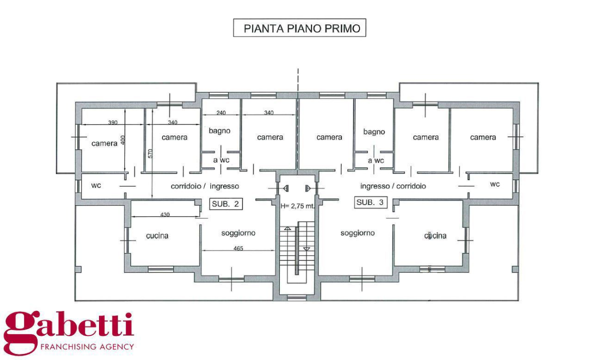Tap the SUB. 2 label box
click(226, 203)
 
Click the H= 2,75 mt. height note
click(297, 205)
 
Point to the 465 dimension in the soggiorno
click(238, 248)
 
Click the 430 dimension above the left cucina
click(165, 214)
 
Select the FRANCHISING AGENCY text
click(86, 346)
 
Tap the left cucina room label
click(157, 235)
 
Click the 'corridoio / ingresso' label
click(204, 186)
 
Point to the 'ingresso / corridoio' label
click(393, 186)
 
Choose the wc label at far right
click(494, 184)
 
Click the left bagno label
click(219, 130)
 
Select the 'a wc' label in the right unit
click(375, 160)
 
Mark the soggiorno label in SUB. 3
click(357, 233)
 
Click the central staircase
click(297, 250)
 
